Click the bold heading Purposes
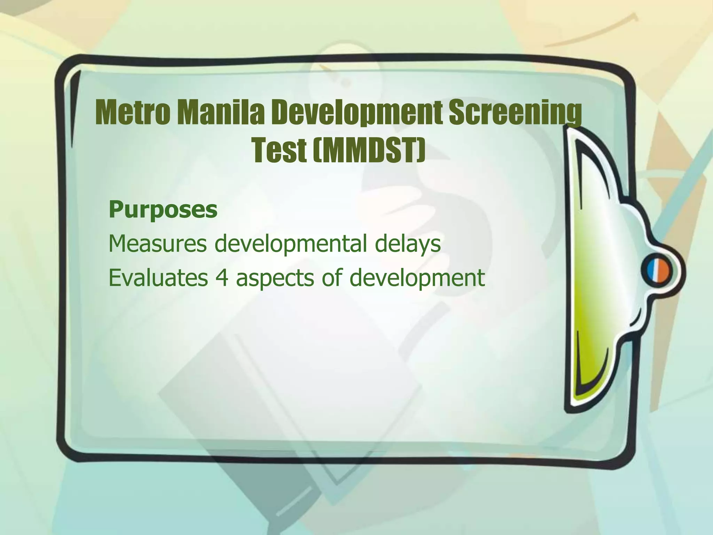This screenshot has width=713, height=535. click(163, 209)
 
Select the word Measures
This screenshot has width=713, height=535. click(157, 243)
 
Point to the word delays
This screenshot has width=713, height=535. click(408, 243)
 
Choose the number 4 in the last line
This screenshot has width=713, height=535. click(222, 278)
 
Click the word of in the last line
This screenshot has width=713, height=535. click(331, 278)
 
